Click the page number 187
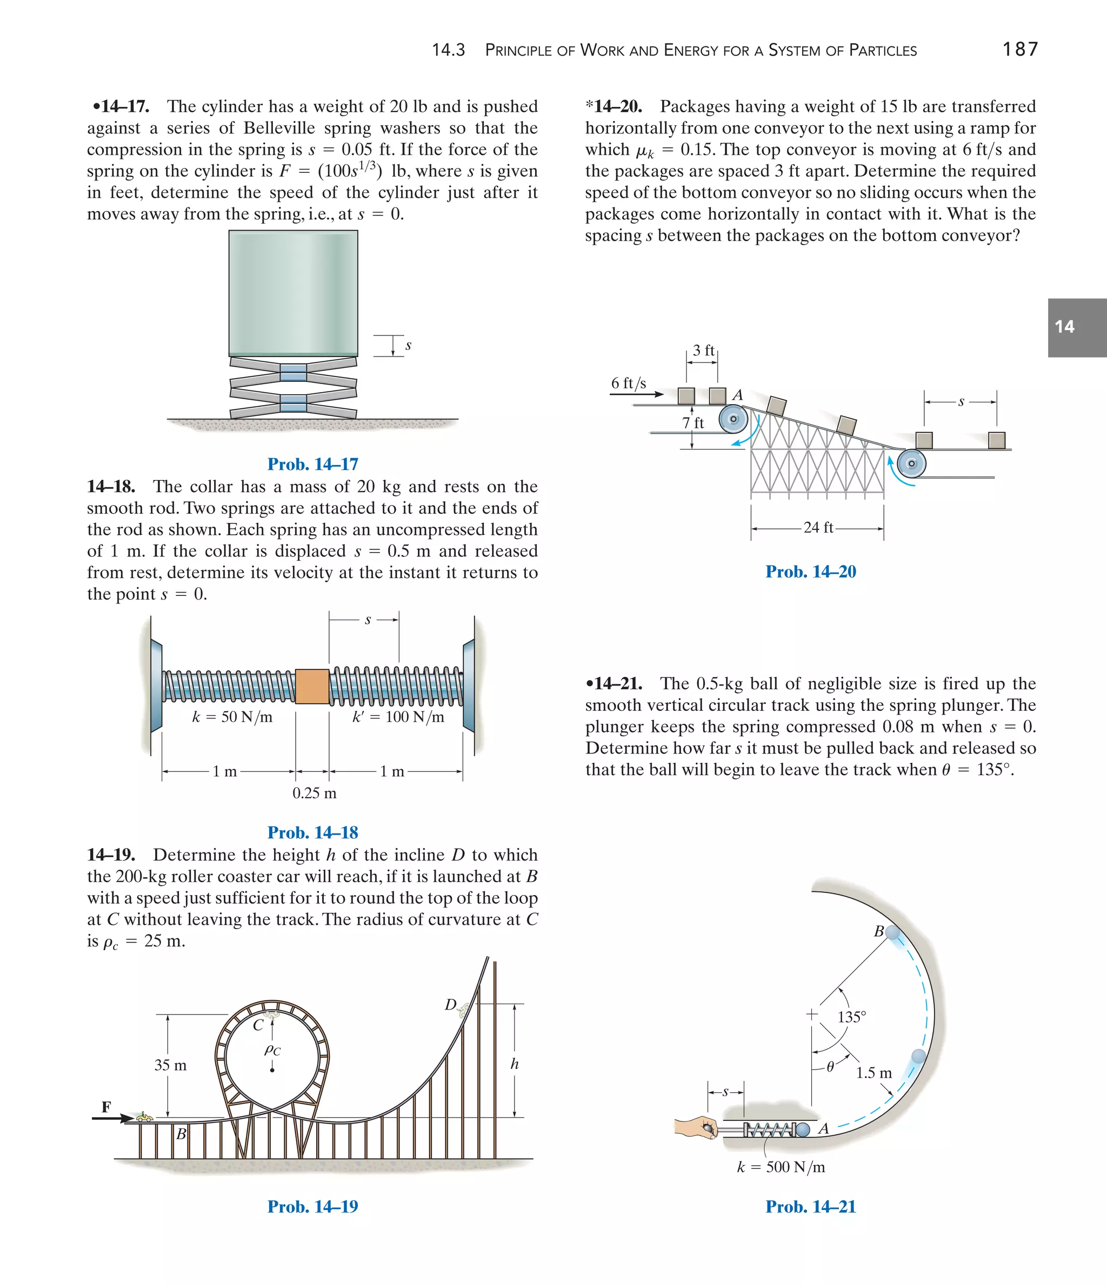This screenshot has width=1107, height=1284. [1019, 49]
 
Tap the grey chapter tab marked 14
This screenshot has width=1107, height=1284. [1076, 327]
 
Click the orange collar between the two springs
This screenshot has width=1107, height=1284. [312, 686]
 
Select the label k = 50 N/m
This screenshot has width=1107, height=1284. [232, 717]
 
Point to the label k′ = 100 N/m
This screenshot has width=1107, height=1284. [398, 717]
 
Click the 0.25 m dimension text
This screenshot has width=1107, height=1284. [315, 793]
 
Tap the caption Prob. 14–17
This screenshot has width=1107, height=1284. [312, 464]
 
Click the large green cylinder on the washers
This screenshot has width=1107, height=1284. [293, 292]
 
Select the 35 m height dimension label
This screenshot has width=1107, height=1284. [170, 1065]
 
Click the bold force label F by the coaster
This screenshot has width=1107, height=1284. [106, 1107]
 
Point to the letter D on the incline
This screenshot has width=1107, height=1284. [450, 1005]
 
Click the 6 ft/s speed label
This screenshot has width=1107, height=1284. [628, 383]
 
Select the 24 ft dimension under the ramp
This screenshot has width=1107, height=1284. [818, 527]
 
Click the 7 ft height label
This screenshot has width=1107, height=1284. [693, 422]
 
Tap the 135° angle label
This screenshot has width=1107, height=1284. [851, 1017]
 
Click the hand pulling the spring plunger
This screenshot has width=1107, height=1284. [696, 1127]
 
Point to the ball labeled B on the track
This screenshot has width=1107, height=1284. [892, 932]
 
